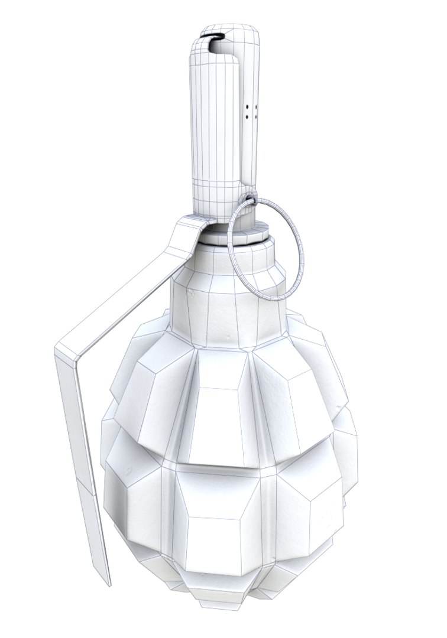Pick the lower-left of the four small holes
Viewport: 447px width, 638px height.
(x=247, y=117)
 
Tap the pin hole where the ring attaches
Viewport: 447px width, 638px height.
(x=251, y=199)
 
